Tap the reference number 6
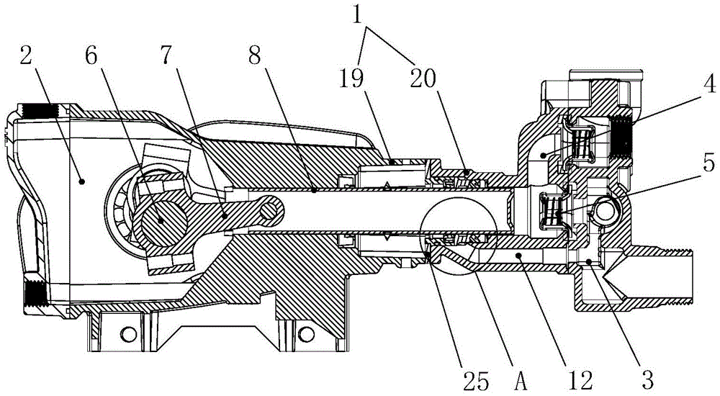click(x=92, y=58)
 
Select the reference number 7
click(x=167, y=58)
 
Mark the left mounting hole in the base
click(x=128, y=334)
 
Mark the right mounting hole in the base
click(x=305, y=334)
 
